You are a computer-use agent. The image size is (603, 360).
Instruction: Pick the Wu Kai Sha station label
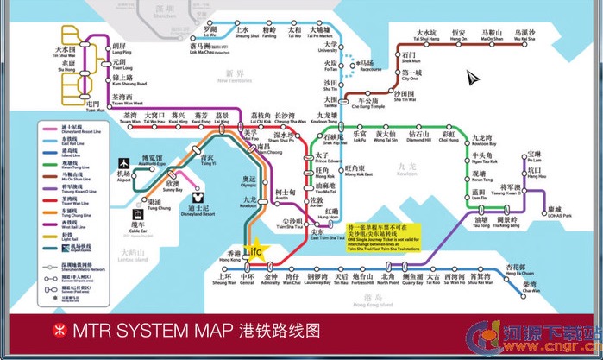coord(524,36)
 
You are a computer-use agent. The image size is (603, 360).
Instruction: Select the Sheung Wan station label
coord(223,279)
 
